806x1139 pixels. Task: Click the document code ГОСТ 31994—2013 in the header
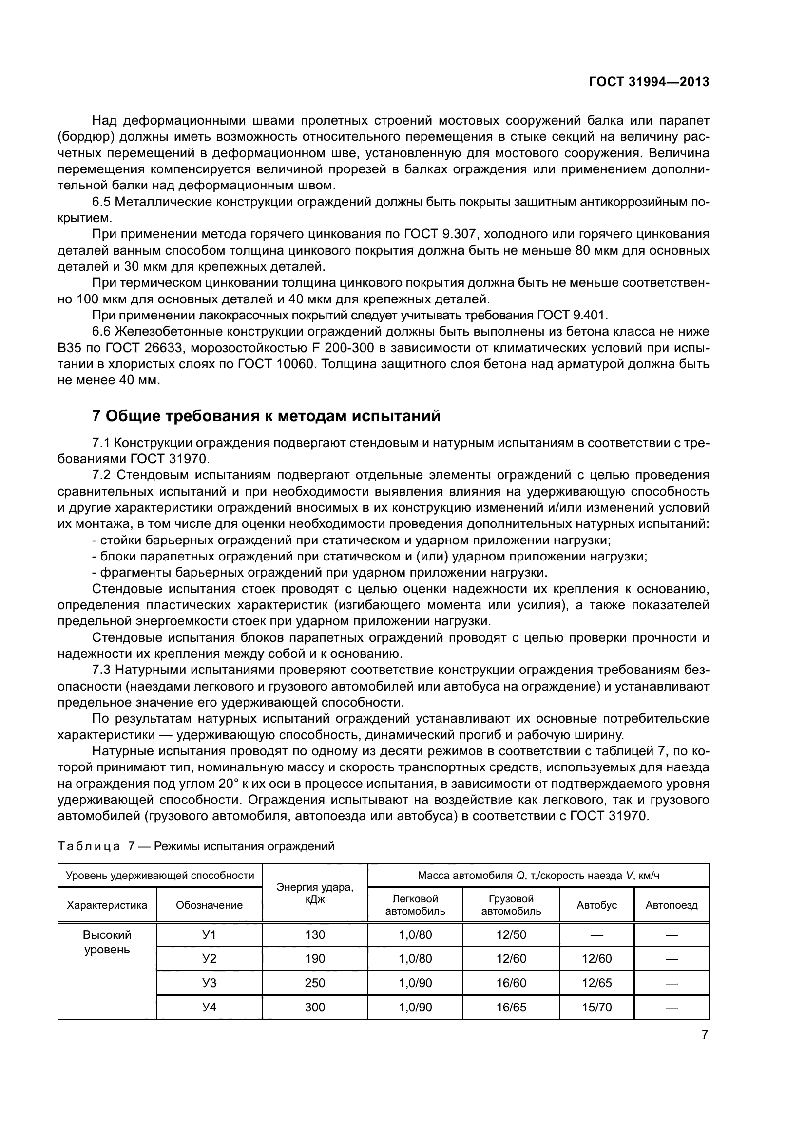coord(649,82)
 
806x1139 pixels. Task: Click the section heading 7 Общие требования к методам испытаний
coord(267,416)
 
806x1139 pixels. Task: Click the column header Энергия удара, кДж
coord(315,893)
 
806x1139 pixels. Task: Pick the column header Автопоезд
coord(671,905)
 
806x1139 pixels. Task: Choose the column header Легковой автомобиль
coord(415,905)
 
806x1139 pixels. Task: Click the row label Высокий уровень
coord(107,942)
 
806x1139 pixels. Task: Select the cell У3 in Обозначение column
coord(210,983)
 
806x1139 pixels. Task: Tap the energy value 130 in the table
coord(315,934)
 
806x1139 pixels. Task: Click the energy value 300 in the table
coord(315,1007)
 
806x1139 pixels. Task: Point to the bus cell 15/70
coord(596,1007)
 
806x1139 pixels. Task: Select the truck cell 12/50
coord(511,934)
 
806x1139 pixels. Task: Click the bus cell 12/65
coord(596,983)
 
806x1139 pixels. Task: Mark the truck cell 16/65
coord(511,1007)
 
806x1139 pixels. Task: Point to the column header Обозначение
coord(210,905)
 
